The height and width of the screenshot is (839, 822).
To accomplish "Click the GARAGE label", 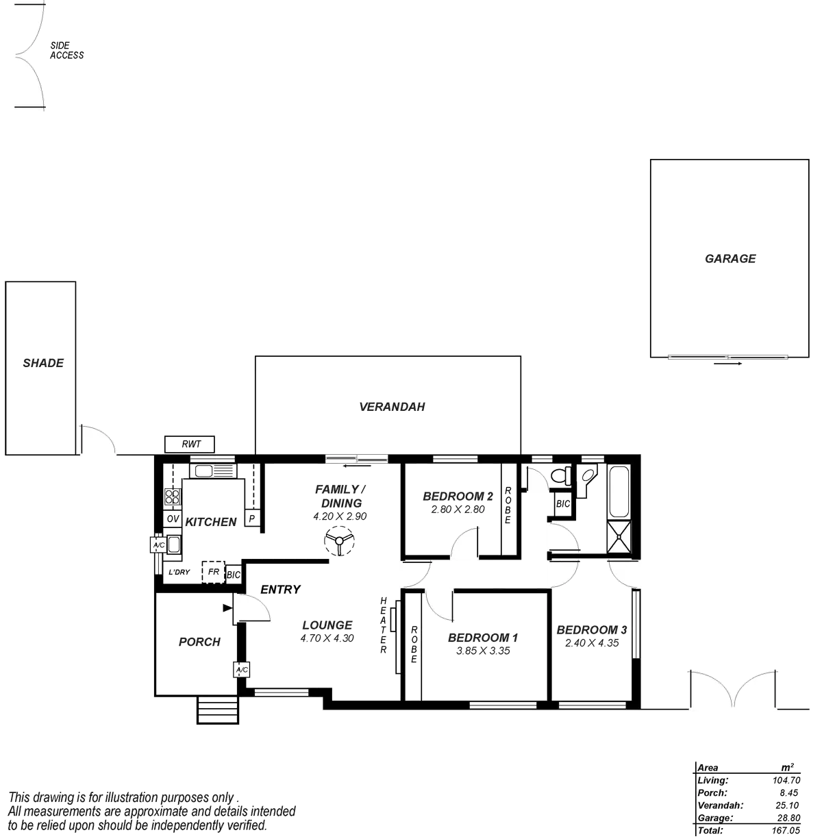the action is point(730,258).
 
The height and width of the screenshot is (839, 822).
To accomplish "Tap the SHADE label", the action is point(44,363).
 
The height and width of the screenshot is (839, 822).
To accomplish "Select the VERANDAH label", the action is point(393,407).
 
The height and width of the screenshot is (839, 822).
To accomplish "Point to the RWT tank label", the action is point(191,444).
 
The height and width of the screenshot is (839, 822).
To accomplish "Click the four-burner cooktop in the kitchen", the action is point(172,497).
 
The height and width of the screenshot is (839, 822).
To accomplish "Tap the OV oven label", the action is point(173,519).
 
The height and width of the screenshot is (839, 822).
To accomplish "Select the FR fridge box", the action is point(213,571).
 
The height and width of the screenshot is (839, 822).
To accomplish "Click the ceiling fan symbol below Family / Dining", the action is point(338,542).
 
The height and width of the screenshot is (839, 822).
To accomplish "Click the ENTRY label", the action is point(279,589).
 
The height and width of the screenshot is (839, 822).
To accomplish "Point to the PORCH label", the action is point(199,642).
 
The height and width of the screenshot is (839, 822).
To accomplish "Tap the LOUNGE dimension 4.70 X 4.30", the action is point(327,638).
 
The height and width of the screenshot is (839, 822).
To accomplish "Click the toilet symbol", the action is point(560,475).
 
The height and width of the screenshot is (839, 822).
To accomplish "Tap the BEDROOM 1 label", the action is point(483,638).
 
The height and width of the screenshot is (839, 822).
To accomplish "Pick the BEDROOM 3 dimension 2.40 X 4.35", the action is point(592,643).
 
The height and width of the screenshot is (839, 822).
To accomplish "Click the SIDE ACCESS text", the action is point(67,50).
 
